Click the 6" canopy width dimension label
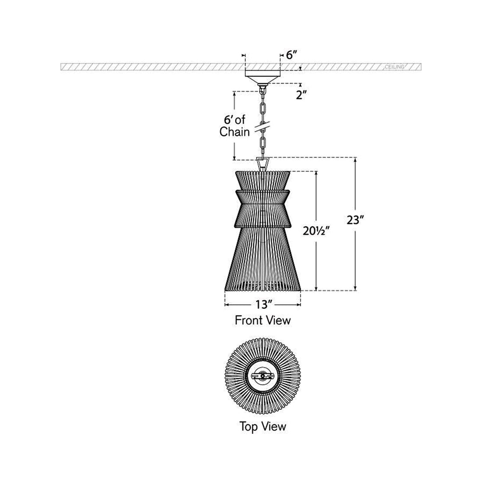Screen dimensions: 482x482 click(292, 55)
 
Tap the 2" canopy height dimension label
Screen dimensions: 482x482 click(300, 95)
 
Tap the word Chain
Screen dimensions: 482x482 click(234, 132)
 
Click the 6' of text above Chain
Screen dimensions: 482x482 click(235, 119)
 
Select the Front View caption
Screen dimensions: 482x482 click(262, 320)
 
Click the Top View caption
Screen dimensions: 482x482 click(262, 425)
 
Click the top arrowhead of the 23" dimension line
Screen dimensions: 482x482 click(355, 159)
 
